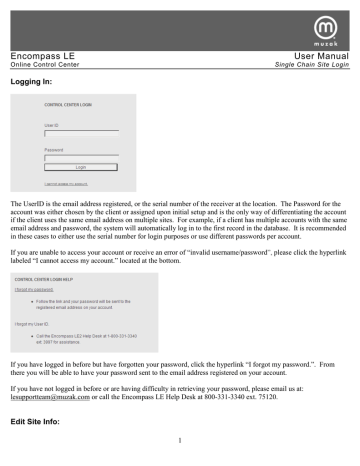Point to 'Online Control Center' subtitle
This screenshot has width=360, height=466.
47,68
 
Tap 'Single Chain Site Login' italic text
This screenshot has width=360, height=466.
309,68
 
